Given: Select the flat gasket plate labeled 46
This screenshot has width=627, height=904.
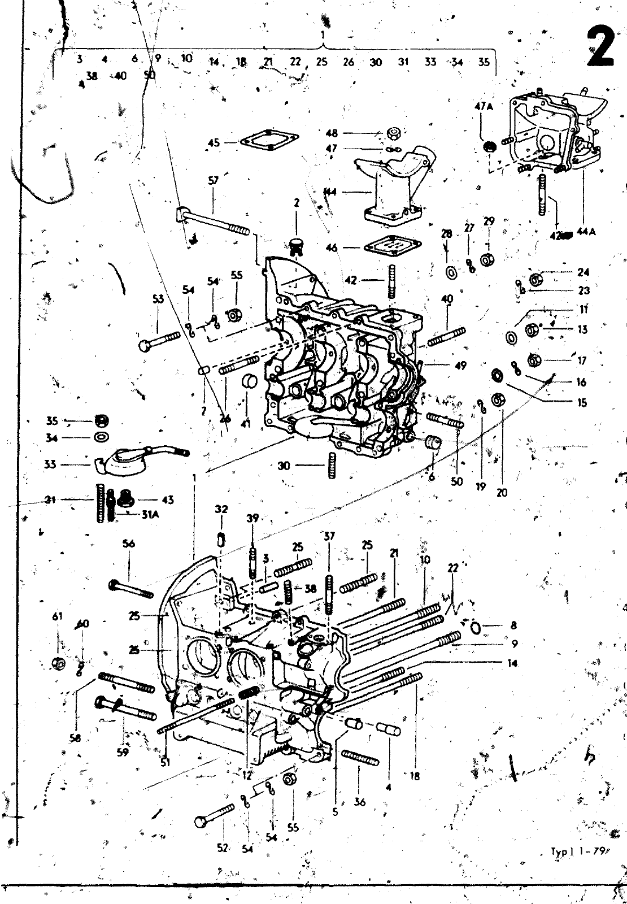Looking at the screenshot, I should pyautogui.click(x=387, y=247).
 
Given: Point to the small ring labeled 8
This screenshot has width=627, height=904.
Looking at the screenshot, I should pyautogui.click(x=475, y=626).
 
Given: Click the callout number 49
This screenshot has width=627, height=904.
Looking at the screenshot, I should pyautogui.click(x=460, y=366).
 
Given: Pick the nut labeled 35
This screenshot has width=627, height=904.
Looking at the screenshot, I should pyautogui.click(x=102, y=420).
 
